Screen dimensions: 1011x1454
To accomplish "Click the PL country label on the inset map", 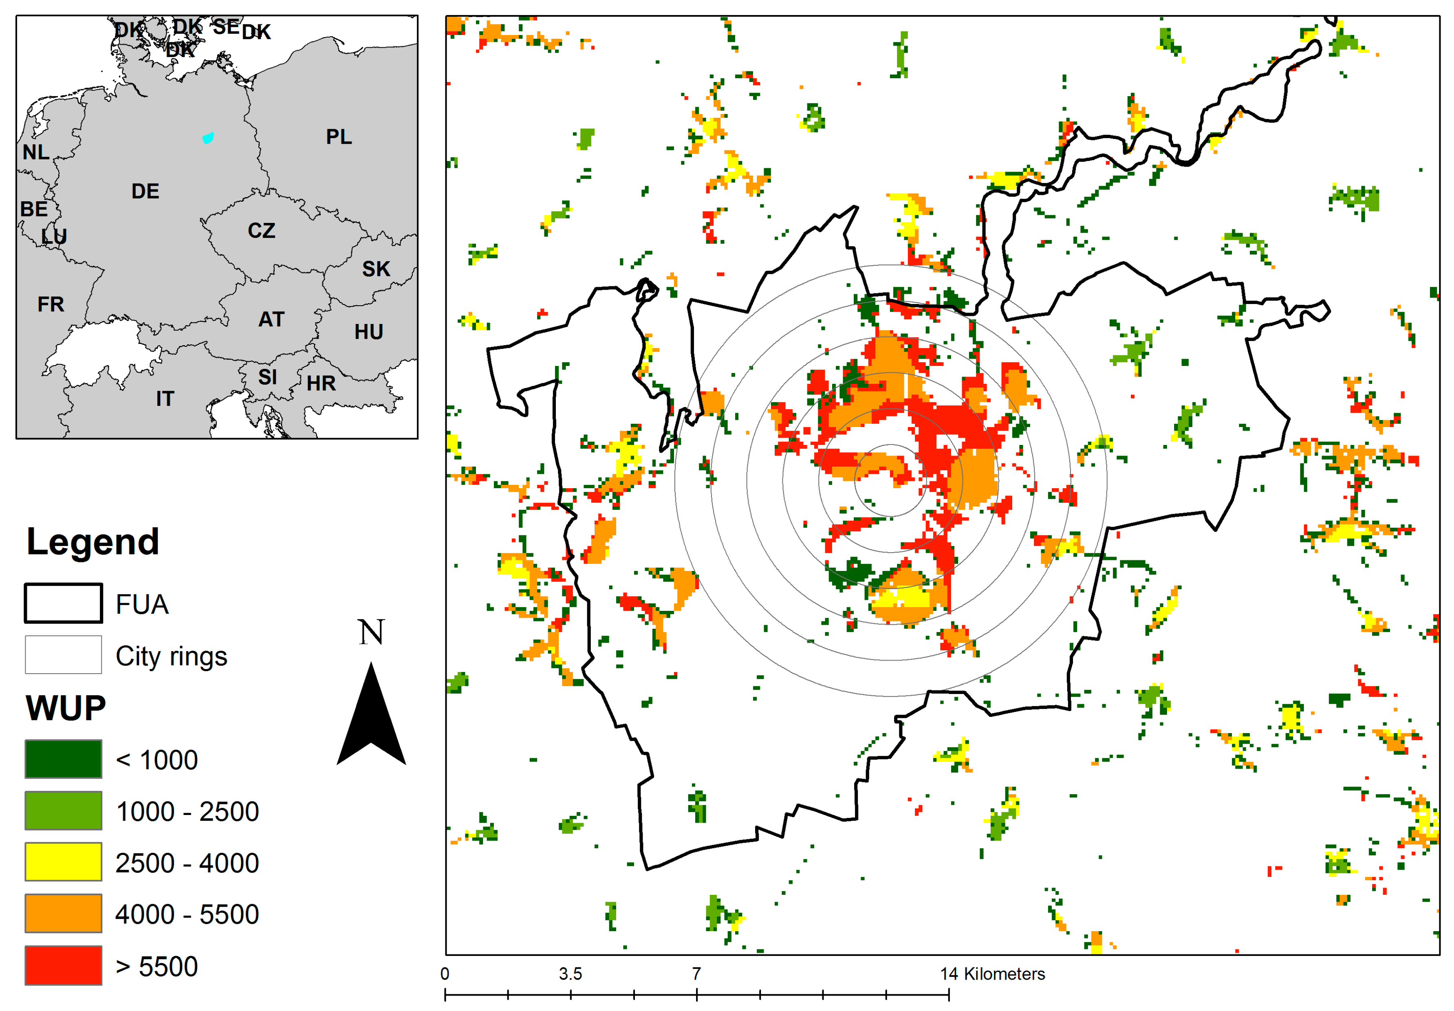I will (339, 137).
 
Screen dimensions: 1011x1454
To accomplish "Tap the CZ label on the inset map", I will (262, 230).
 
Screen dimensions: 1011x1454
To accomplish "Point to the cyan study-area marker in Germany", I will (208, 138).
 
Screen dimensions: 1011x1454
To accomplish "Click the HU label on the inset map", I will (368, 332).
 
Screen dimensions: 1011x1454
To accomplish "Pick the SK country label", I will (376, 269).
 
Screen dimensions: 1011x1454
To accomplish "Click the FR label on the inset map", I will (51, 304).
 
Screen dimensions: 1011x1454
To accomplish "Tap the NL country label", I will (35, 152).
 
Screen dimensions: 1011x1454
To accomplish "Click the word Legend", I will (93, 542).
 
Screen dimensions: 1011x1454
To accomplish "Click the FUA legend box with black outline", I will (63, 604).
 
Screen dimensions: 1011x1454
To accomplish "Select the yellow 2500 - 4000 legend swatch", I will (63, 861).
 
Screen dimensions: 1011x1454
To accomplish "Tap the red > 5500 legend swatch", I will (63, 965).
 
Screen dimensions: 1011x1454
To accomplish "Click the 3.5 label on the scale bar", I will (570, 974).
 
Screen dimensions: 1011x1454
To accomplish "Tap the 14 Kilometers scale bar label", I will (992, 974).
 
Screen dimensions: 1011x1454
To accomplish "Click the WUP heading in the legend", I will (66, 708).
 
